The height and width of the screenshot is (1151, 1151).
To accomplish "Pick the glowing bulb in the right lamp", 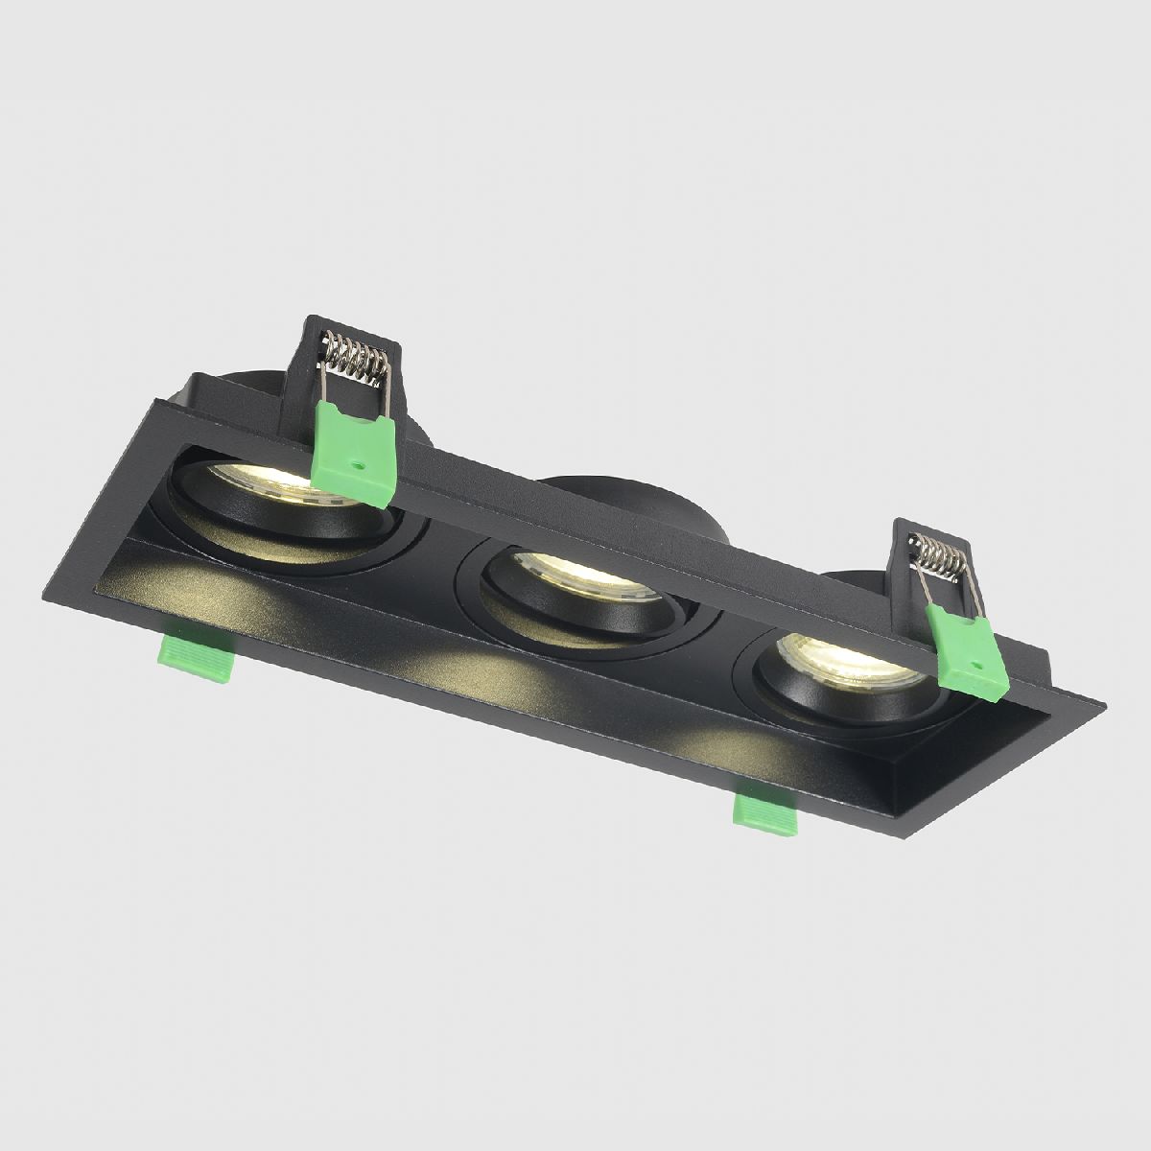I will [834, 661].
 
